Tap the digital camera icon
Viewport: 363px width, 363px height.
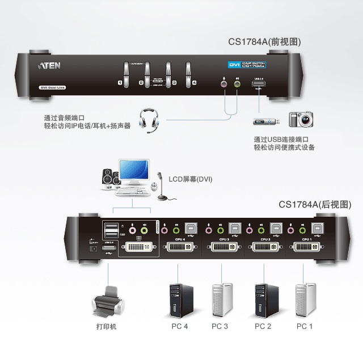pos(301,120)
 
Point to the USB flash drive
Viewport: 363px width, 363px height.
pos(264,121)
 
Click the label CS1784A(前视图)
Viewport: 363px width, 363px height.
pos(264,41)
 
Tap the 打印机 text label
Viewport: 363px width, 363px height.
pos(106,327)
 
